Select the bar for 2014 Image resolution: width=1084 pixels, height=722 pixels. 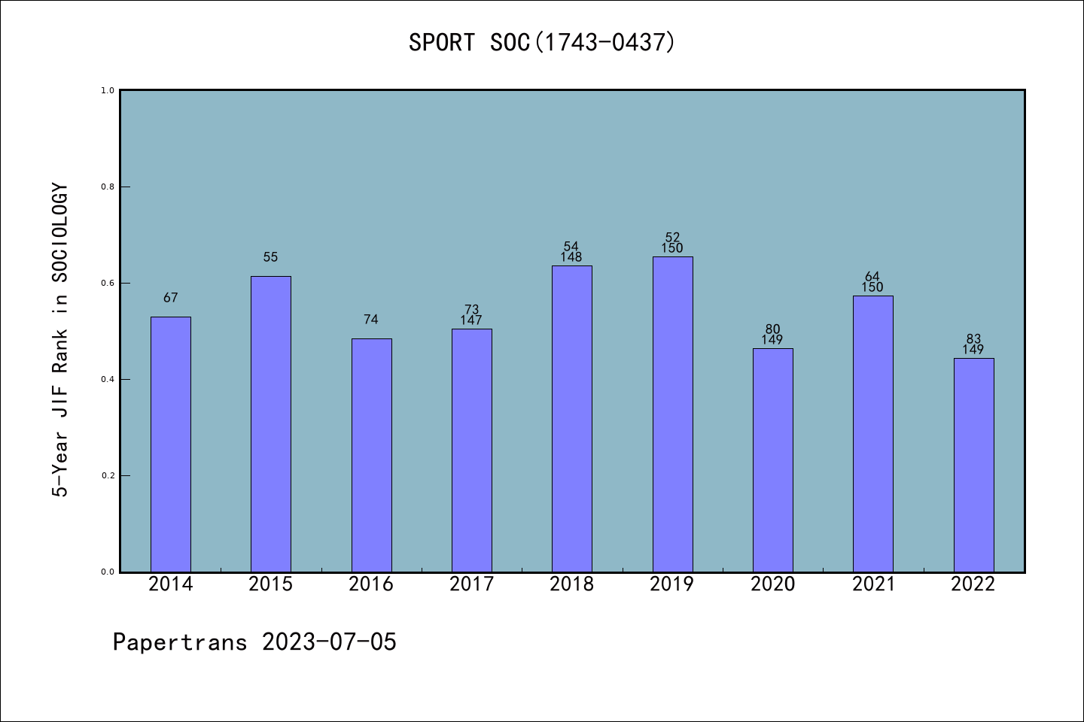(171, 444)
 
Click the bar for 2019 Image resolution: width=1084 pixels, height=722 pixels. (672, 414)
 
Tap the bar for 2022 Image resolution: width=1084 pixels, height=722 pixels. (973, 465)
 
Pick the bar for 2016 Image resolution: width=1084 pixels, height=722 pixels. (371, 455)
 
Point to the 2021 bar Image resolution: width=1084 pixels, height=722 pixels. (872, 433)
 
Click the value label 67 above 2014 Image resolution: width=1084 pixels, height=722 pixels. (171, 298)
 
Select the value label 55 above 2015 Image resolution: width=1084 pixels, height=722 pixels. (271, 257)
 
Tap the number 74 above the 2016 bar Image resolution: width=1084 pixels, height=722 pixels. (371, 320)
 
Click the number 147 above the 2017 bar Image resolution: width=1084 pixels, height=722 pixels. (471, 320)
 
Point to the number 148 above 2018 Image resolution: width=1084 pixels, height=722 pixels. (571, 257)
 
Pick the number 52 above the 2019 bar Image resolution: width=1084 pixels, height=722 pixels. (672, 238)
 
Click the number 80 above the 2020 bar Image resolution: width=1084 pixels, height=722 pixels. (772, 329)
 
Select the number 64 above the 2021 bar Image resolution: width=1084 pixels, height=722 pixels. (872, 277)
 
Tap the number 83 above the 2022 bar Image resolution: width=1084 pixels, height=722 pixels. (973, 339)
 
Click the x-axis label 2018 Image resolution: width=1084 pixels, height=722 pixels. (571, 584)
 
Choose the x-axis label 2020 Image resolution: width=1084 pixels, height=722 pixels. (772, 584)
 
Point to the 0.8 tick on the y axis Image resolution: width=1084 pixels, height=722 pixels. (108, 187)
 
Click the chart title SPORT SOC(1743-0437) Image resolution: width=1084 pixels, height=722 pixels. (542, 42)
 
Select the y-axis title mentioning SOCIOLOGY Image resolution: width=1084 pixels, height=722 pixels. (60, 340)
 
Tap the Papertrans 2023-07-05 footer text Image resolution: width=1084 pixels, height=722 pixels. (254, 642)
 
